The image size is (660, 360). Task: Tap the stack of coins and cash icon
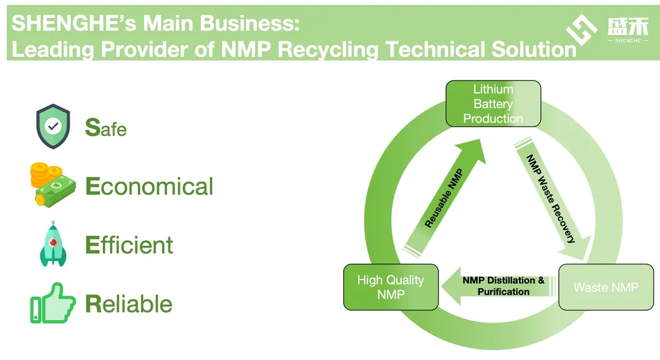click(52, 184)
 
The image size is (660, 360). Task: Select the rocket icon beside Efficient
click(53, 245)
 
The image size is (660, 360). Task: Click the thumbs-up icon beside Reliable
click(52, 303)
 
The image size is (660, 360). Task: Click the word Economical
click(149, 187)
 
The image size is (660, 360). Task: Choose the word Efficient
click(129, 245)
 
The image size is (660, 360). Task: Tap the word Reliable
click(129, 304)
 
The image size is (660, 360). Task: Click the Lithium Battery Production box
click(493, 104)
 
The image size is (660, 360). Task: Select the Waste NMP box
click(606, 287)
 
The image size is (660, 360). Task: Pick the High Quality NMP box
click(391, 287)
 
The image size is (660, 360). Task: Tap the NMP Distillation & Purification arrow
click(499, 286)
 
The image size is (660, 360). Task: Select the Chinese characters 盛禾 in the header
click(627, 26)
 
